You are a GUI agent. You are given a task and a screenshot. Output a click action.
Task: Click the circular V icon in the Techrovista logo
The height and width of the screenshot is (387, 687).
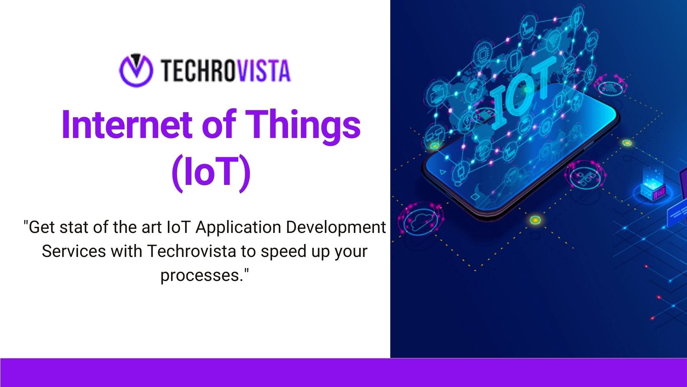(136, 71)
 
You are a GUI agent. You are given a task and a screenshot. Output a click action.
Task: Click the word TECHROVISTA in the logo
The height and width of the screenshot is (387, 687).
(225, 71)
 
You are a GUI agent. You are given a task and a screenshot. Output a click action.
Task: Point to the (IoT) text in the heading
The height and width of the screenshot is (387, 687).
(211, 173)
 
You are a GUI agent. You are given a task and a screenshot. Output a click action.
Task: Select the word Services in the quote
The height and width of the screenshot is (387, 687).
(74, 251)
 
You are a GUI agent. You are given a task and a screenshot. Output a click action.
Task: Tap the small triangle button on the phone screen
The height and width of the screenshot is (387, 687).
(443, 172)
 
